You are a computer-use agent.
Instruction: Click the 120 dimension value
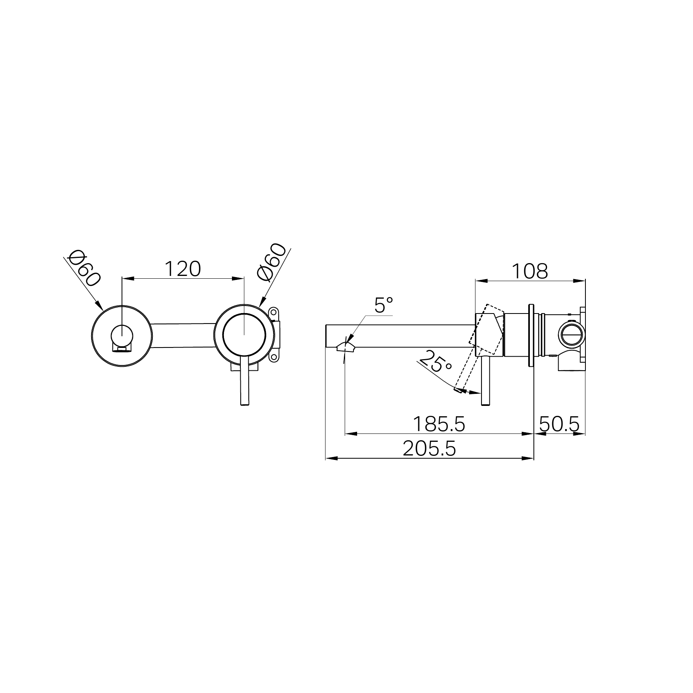[182, 269]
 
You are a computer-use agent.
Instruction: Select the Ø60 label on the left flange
[84, 268]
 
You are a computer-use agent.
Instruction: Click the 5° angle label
[384, 305]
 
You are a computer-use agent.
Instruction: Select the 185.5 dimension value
[439, 424]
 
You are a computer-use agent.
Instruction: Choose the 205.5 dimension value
[429, 449]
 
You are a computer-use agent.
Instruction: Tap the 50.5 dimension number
[559, 424]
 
